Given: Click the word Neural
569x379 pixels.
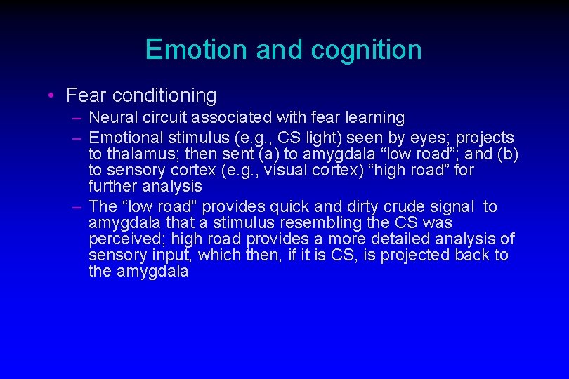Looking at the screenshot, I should coord(112,117).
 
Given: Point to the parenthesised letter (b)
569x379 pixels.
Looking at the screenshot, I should coord(506,154).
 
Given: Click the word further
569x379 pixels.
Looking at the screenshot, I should coord(113,187).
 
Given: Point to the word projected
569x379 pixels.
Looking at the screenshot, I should coord(411,255).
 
